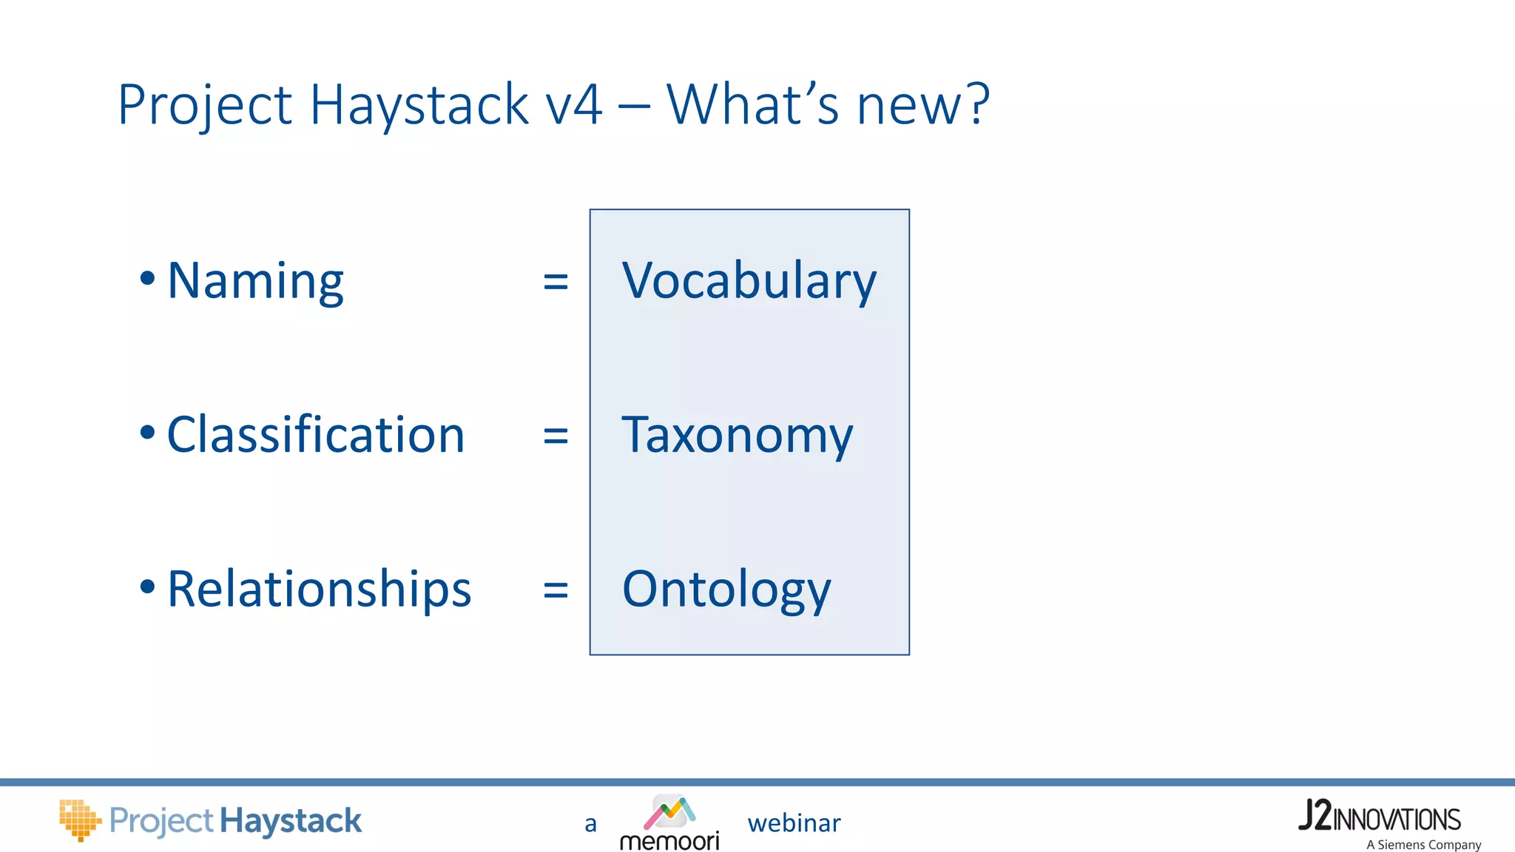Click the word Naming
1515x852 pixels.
pos(255,282)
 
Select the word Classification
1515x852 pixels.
pos(316,435)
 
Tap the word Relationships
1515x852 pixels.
pos(319,589)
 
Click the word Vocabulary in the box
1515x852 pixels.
pos(749,282)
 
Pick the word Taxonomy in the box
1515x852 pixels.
pos(737,436)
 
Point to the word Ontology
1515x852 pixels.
pos(726,589)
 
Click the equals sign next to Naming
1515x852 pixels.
pos(556,282)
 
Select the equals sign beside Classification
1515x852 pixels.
pos(556,436)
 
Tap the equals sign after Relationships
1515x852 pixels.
pos(556,590)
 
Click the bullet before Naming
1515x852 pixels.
pos(147,279)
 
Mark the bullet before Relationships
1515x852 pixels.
pos(147,587)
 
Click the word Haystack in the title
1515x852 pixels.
pos(419,105)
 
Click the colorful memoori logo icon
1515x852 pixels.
pos(669,812)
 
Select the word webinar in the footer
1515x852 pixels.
pos(794,823)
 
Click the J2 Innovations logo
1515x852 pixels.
pos(1380,816)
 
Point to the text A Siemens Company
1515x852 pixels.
pos(1423,845)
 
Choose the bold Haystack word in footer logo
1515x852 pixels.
pos(291,821)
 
